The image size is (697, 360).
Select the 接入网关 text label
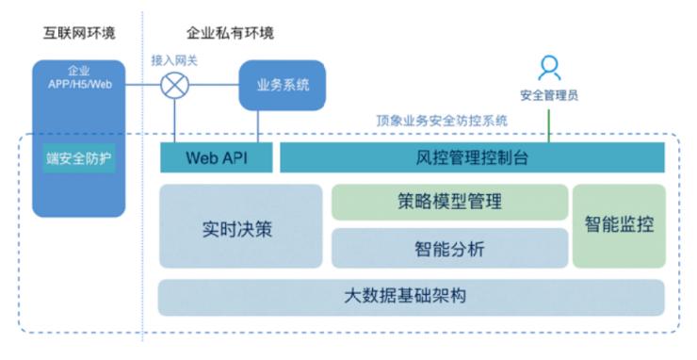point(174,59)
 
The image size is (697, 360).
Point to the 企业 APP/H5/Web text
point(79,78)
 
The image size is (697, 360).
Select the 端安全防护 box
point(79,157)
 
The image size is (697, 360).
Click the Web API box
point(217,157)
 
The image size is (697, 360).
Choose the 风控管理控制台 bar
point(472,157)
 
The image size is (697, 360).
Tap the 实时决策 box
point(240,226)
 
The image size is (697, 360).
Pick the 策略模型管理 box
point(449,202)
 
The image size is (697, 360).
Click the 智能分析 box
point(449,249)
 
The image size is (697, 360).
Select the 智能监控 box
point(619,225)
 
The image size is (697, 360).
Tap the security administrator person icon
point(549,67)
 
